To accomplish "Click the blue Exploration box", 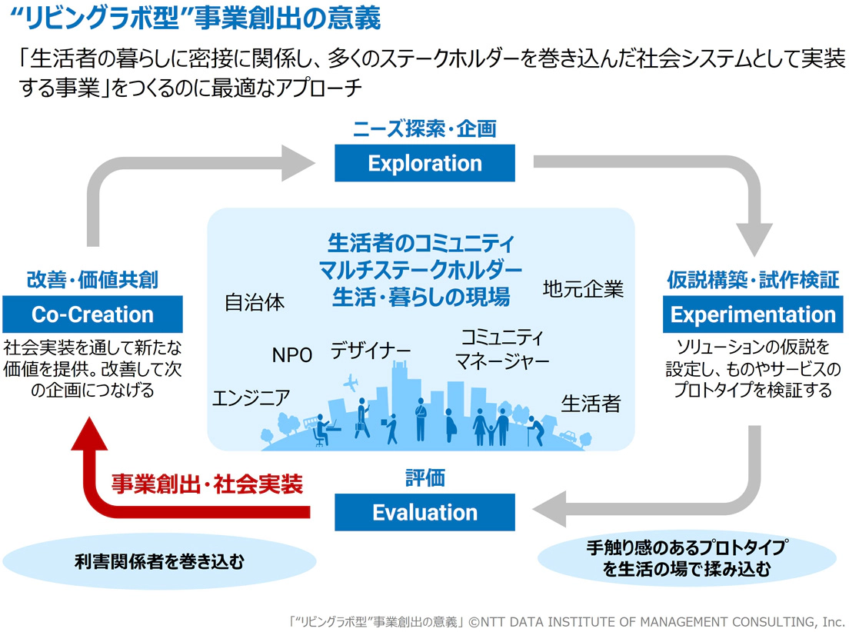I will [x=424, y=163].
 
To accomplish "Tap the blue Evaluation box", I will [x=424, y=512].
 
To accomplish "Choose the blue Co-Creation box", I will [x=92, y=314].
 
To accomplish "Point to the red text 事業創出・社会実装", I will [x=207, y=484].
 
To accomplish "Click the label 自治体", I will [x=255, y=302].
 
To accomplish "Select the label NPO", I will [x=291, y=355].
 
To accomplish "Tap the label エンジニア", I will [x=251, y=397].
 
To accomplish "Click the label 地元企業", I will [x=583, y=289].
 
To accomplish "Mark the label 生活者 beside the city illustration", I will [x=590, y=404].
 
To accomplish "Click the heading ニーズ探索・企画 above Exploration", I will [x=424, y=128].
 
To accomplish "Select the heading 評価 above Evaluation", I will [x=424, y=478].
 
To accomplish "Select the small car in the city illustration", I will [x=568, y=437].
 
